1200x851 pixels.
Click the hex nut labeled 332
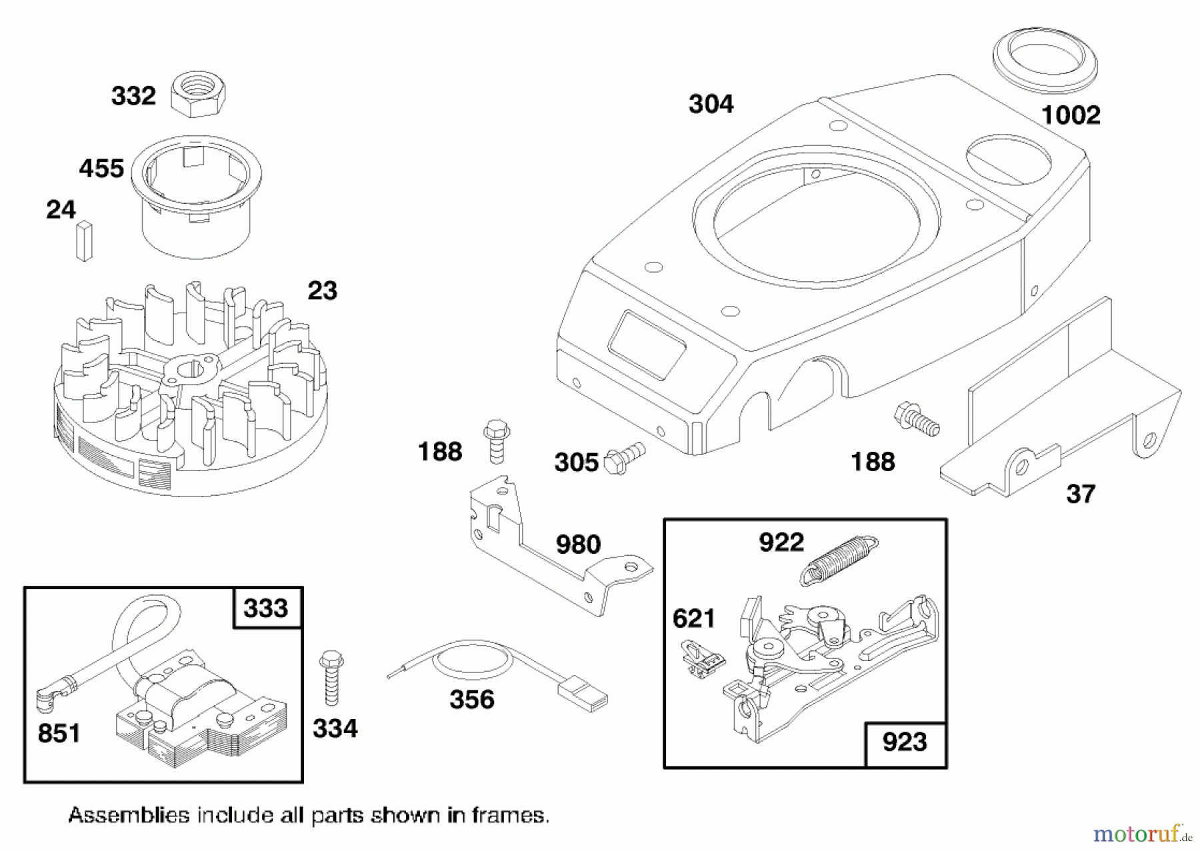click(x=198, y=96)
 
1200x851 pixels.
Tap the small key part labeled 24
click(x=85, y=240)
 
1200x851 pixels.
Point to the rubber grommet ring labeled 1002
click(x=1044, y=62)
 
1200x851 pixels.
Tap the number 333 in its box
click(x=266, y=608)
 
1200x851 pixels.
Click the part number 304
click(x=711, y=104)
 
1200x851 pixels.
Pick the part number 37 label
click(x=1080, y=494)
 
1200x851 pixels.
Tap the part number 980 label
click(x=578, y=544)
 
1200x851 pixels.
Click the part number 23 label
click(x=322, y=291)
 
